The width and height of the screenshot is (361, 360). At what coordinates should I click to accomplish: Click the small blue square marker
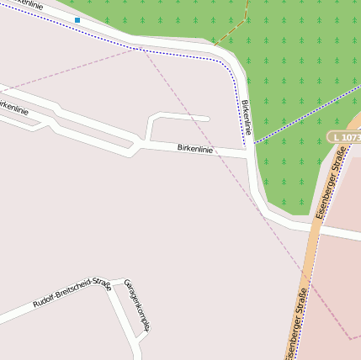(x=77, y=19)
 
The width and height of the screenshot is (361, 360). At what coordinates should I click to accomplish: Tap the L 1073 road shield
(x=343, y=136)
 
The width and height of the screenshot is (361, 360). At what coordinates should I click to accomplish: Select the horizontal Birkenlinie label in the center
(x=194, y=149)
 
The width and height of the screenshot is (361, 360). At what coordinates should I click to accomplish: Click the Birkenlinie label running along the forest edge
(x=246, y=118)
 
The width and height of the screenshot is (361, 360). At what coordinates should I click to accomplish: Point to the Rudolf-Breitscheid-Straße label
(x=72, y=292)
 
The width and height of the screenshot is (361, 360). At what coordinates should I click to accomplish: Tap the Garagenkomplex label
(x=136, y=304)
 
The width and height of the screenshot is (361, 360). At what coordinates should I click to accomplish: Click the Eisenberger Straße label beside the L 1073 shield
(x=330, y=192)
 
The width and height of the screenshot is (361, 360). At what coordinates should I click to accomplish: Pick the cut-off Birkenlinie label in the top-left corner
(x=26, y=5)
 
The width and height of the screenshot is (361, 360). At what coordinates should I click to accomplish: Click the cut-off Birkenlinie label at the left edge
(x=13, y=109)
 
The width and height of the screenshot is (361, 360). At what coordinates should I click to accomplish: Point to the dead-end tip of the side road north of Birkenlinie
(x=207, y=119)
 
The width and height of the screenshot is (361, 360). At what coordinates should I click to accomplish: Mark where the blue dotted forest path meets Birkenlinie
(x=254, y=141)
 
